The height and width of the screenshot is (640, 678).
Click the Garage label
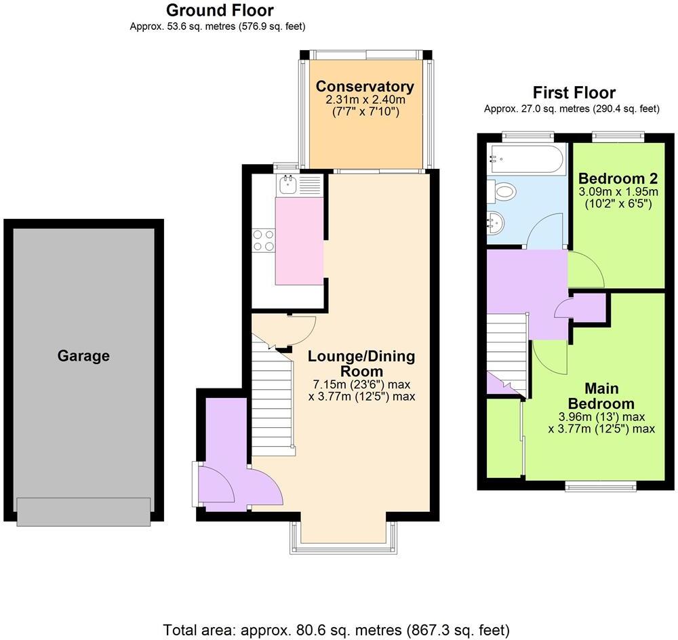[x=83, y=355]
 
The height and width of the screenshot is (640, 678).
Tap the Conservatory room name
[x=365, y=87]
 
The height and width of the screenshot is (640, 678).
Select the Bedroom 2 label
[x=618, y=179]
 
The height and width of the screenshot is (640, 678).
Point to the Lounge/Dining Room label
[x=361, y=363]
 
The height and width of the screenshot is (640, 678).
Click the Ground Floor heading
[x=220, y=10]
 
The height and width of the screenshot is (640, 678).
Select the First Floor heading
[x=574, y=92]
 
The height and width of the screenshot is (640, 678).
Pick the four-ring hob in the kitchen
[x=264, y=240]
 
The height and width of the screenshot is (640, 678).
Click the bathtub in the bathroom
[x=525, y=159]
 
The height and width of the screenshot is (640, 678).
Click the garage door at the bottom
[x=83, y=511]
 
